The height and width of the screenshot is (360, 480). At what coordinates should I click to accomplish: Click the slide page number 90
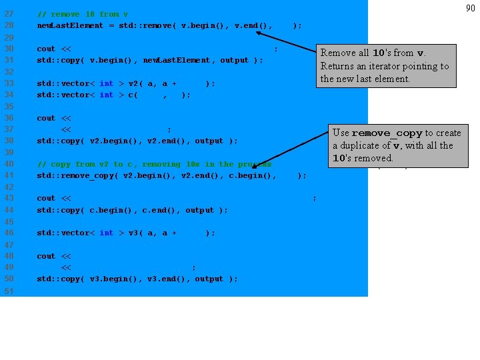tap(471, 8)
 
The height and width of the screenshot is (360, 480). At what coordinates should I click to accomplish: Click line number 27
tap(9, 13)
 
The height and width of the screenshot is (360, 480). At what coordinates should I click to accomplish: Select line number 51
tap(9, 291)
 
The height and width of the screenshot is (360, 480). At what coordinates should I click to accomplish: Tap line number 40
tap(9, 164)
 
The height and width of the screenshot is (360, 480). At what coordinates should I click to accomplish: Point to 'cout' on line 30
tap(46, 49)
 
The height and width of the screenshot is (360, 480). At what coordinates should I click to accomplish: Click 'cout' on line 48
tap(46, 256)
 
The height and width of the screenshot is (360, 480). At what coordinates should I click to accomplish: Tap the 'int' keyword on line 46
tap(106, 233)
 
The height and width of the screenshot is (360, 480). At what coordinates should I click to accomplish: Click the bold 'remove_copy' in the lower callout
tap(387, 133)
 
